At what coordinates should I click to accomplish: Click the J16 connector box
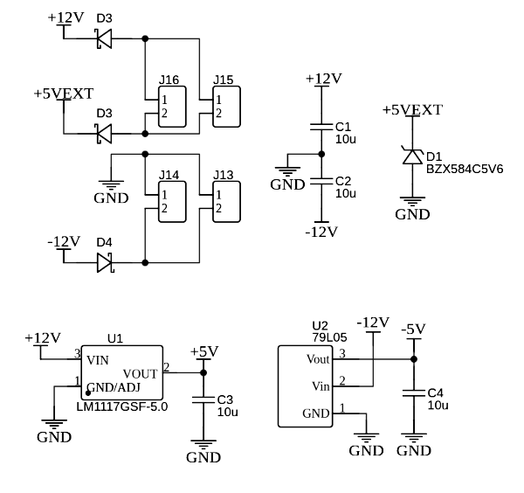171,107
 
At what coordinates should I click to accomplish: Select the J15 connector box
226,107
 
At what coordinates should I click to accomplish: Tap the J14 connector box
171,201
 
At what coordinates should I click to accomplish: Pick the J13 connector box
226,201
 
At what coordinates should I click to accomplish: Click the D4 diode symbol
105,260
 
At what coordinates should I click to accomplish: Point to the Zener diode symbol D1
412,156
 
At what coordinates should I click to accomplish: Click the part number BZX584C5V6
465,169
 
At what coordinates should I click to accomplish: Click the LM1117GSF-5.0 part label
122,407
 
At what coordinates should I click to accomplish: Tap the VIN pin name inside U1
98,358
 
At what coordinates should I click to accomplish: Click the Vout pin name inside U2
318,359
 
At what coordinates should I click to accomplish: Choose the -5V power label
413,329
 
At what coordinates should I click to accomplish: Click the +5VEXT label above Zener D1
412,110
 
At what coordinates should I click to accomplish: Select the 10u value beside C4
438,406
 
